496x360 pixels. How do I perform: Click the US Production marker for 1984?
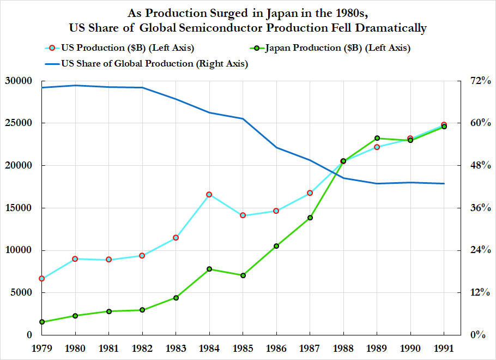[209, 195]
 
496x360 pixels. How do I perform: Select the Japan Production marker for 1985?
[243, 275]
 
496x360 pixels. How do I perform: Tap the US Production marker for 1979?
[42, 279]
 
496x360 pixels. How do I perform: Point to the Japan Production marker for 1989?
[377, 138]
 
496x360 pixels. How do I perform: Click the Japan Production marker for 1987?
[310, 218]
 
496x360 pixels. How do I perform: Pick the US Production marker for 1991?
[444, 125]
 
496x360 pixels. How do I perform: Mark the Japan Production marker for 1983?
[176, 298]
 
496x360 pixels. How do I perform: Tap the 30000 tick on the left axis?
[22, 81]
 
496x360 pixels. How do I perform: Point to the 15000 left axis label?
[22, 208]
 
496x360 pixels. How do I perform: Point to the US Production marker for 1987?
[310, 193]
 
